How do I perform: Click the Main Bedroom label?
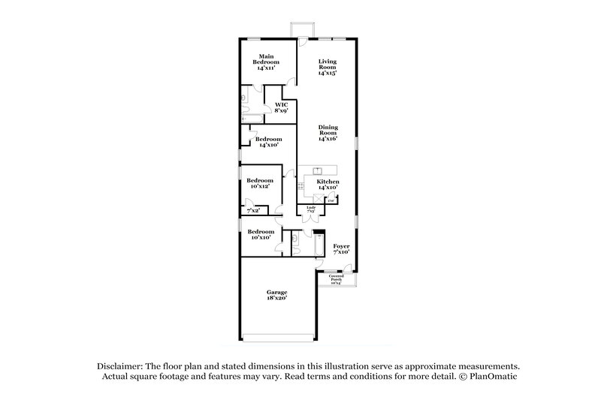265,62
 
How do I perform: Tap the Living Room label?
327,68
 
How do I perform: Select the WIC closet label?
282,107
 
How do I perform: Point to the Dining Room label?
327,133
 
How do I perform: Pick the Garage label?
277,295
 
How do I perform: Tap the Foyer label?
342,248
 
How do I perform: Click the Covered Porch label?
335,279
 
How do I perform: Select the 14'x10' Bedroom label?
268,142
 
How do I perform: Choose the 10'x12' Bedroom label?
260,183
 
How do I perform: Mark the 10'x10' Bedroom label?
260,234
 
